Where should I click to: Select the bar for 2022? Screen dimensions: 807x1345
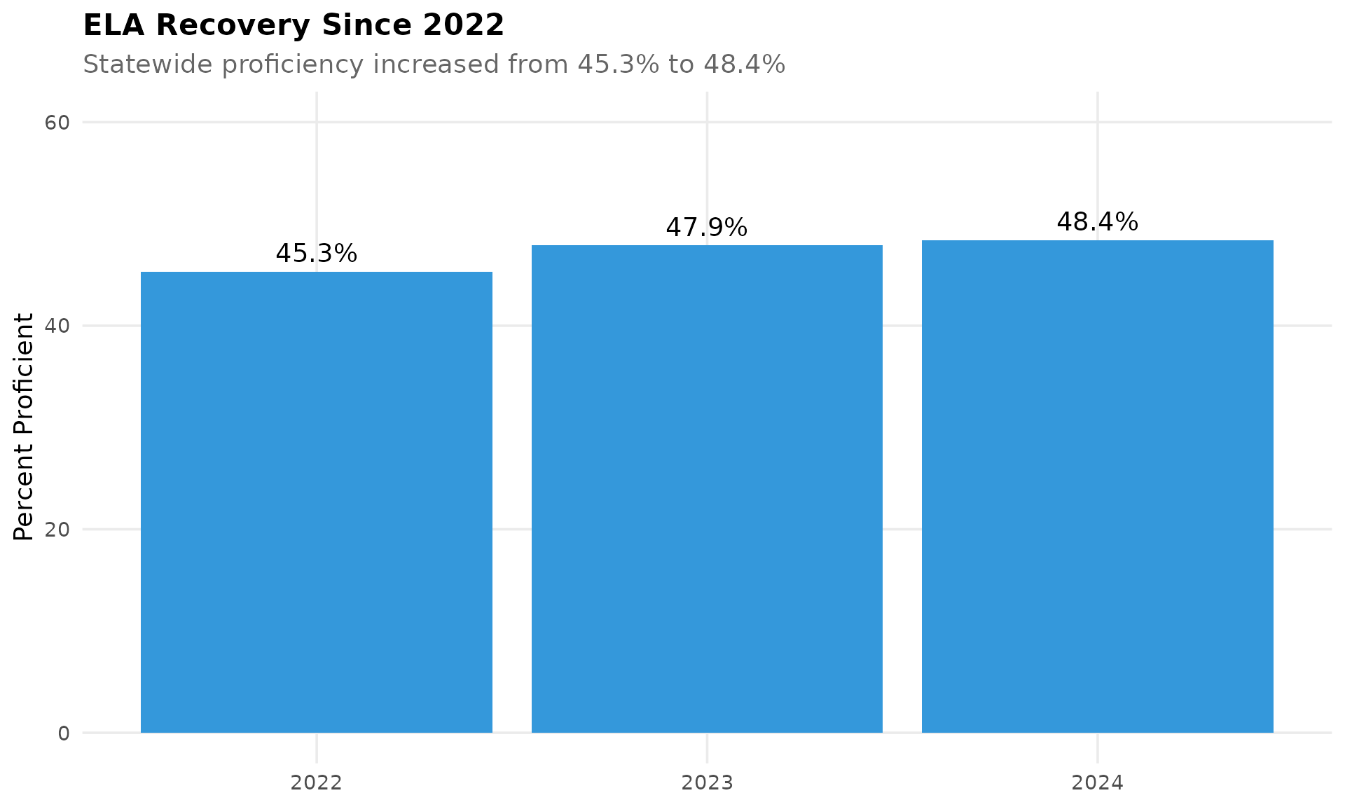point(317,502)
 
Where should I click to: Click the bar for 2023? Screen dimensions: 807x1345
point(707,488)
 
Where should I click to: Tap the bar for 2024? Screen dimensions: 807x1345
point(1097,486)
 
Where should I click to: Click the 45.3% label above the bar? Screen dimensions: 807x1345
point(317,254)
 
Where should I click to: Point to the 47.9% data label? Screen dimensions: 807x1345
point(707,228)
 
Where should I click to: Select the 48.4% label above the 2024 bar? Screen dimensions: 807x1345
point(1097,222)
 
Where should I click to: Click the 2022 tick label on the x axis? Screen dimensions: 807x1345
point(317,782)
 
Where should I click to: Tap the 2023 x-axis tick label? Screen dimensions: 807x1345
point(707,782)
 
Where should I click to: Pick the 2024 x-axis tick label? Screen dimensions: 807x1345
point(1097,782)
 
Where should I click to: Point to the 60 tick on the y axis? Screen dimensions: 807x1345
point(57,123)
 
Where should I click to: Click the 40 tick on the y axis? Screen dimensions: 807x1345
point(57,326)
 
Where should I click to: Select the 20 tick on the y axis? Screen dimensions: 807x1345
point(57,530)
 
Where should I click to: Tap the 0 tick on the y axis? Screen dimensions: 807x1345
point(64,733)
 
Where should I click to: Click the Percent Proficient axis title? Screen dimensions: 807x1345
point(24,427)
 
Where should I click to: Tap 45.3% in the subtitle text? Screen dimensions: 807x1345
point(619,64)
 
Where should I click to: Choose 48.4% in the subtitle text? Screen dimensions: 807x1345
point(744,64)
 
